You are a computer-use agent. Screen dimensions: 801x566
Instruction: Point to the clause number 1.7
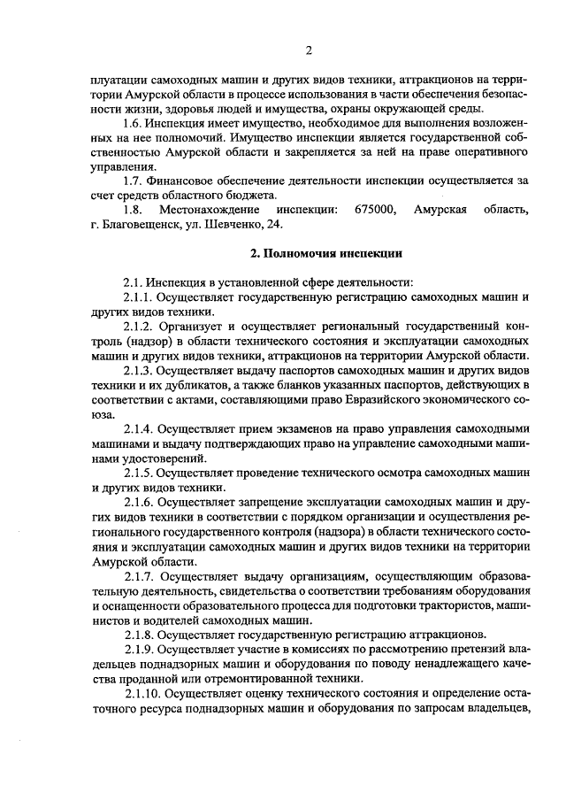click(x=134, y=181)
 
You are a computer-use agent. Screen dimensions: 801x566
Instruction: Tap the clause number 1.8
click(x=134, y=210)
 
